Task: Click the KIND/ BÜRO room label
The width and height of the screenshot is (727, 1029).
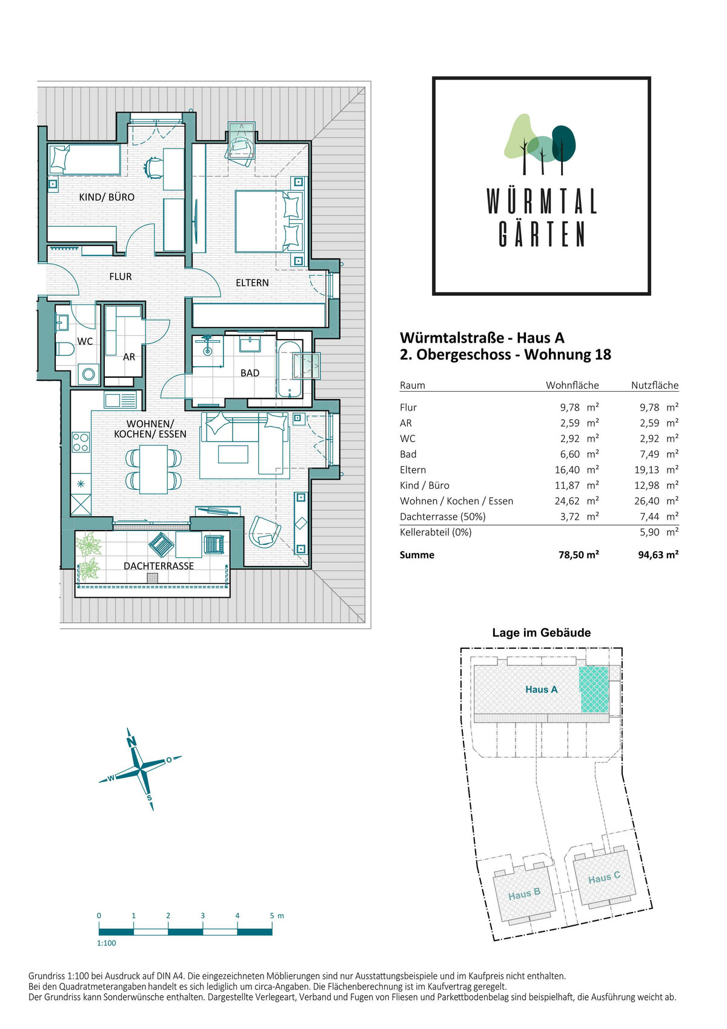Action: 107,197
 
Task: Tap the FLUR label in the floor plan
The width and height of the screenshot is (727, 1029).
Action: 120,277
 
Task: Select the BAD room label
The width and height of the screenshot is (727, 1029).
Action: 250,373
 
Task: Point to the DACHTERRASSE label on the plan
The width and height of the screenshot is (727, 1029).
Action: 158,566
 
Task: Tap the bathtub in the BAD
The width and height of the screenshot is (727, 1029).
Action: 290,369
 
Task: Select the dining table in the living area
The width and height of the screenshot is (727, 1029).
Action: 153,469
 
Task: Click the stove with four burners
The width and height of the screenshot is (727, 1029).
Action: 81,442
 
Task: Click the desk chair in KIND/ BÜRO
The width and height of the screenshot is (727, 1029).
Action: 153,168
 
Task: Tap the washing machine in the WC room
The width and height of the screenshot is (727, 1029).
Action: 88,374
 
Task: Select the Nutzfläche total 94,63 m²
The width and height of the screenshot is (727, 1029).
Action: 658,554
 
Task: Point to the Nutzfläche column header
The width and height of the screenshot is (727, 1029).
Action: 654,386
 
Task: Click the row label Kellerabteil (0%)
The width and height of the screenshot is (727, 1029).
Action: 436,532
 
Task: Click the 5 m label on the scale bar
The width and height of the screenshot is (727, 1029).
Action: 277,916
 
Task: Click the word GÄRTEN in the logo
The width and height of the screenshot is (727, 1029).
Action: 542,234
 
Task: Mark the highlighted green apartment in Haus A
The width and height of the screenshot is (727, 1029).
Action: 594,689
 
